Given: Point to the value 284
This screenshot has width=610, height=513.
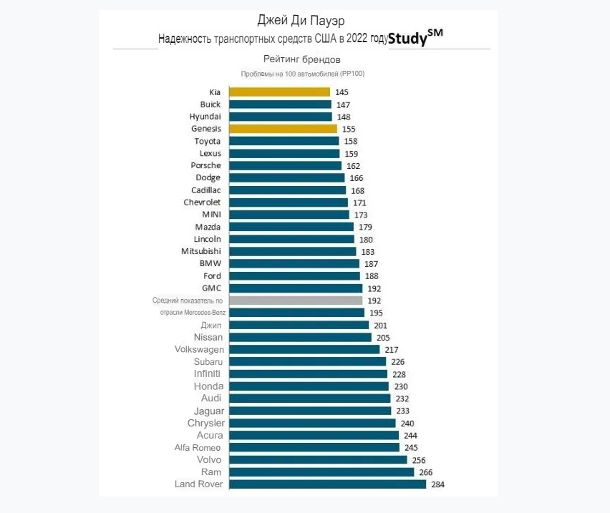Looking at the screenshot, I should (x=438, y=484).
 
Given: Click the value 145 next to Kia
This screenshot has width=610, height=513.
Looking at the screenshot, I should (x=342, y=92).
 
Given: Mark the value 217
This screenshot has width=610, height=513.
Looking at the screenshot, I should (x=392, y=349).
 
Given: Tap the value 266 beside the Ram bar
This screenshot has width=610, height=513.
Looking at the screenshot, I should (x=426, y=472).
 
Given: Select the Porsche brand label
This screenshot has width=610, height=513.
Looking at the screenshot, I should (x=205, y=165).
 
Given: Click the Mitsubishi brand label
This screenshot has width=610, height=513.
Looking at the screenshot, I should (x=201, y=251).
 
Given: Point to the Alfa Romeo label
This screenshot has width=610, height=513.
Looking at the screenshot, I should (x=198, y=447).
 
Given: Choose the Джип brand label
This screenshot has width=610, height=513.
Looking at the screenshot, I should (x=212, y=325).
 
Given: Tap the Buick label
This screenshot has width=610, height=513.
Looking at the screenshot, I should (x=210, y=104).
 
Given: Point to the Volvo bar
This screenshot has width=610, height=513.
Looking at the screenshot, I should (x=318, y=460).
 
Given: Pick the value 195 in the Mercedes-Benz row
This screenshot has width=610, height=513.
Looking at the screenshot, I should (x=377, y=313).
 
